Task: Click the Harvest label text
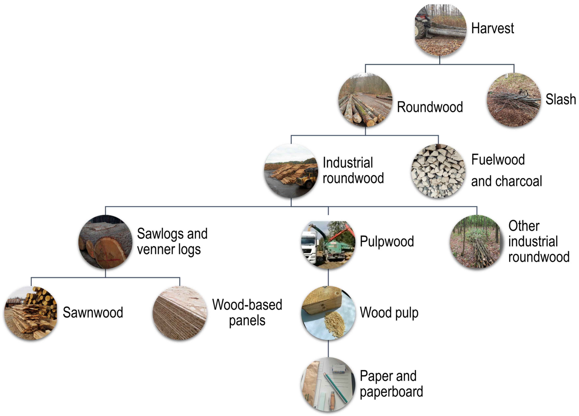point(492,28)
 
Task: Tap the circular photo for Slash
point(514,100)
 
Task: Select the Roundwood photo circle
point(365,100)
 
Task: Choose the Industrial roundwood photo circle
point(291,171)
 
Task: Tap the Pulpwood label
point(386,241)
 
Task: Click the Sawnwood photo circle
point(31,313)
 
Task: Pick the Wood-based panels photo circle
point(180,313)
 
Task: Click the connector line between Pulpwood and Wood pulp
point(328,277)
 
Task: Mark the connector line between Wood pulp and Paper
point(328,349)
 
